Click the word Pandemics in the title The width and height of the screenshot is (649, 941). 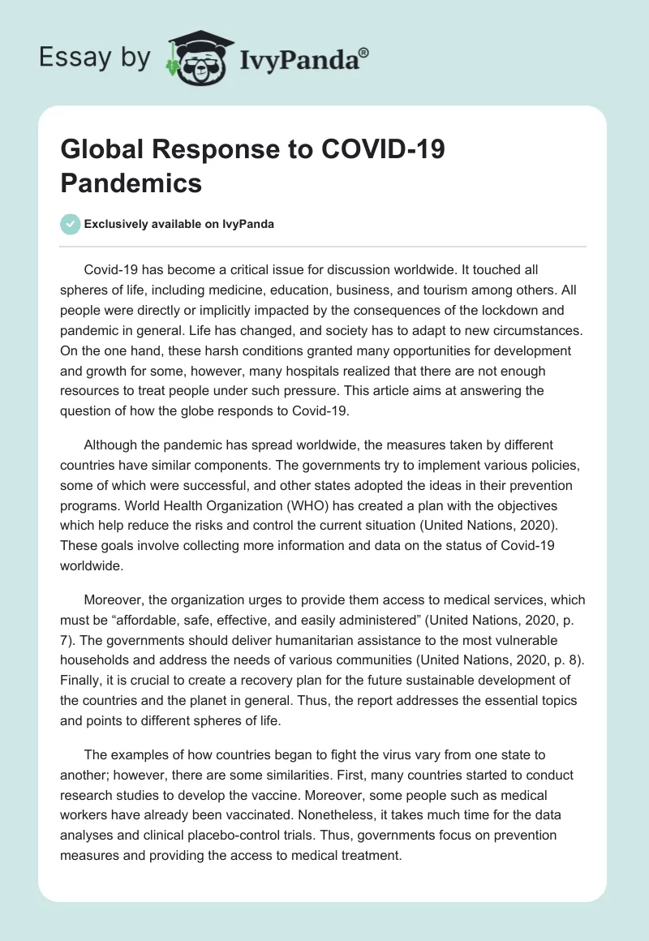131,183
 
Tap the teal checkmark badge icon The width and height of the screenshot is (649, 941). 71,224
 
